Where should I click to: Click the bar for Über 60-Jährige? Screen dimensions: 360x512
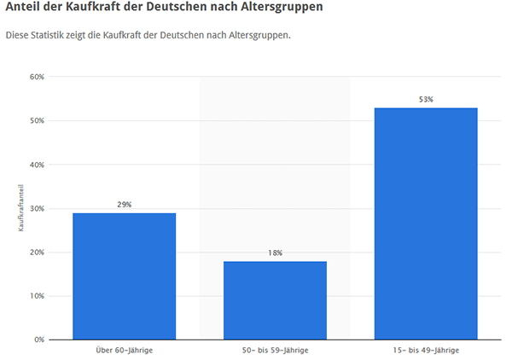click(124, 276)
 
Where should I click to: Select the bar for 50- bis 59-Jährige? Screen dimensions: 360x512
click(275, 299)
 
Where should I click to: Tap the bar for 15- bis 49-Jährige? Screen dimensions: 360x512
click(426, 224)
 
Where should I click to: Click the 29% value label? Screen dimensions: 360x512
click(125, 205)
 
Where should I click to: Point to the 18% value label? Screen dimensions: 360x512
click(275, 253)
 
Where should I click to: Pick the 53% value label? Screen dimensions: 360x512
click(426, 100)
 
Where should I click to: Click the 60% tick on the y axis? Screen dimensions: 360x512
click(37, 77)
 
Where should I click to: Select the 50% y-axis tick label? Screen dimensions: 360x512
click(37, 120)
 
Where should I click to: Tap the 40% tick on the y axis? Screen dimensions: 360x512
click(37, 165)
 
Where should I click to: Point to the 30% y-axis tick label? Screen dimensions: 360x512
click(37, 208)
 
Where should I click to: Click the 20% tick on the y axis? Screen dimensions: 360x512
click(37, 253)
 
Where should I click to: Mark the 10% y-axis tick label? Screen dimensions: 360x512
click(37, 296)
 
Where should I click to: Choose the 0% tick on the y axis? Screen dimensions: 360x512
click(38, 340)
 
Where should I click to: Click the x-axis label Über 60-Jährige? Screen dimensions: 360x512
click(125, 351)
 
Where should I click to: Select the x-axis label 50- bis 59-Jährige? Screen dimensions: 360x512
click(275, 351)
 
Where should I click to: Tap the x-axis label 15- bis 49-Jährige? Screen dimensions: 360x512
click(426, 351)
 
